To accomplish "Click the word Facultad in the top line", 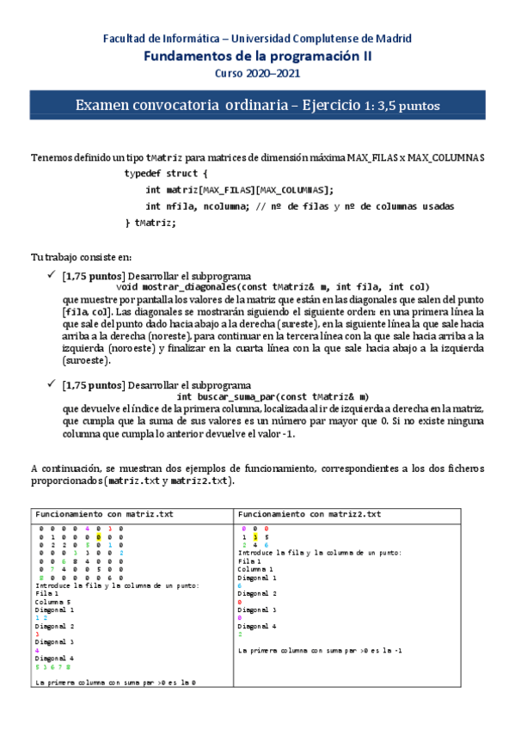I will [126, 39].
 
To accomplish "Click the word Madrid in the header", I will [392, 39].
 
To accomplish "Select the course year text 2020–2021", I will [272, 74].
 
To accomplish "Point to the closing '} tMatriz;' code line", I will [151, 223].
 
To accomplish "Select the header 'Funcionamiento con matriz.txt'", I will [104, 513].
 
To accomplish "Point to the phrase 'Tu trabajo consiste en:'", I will [80, 256].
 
